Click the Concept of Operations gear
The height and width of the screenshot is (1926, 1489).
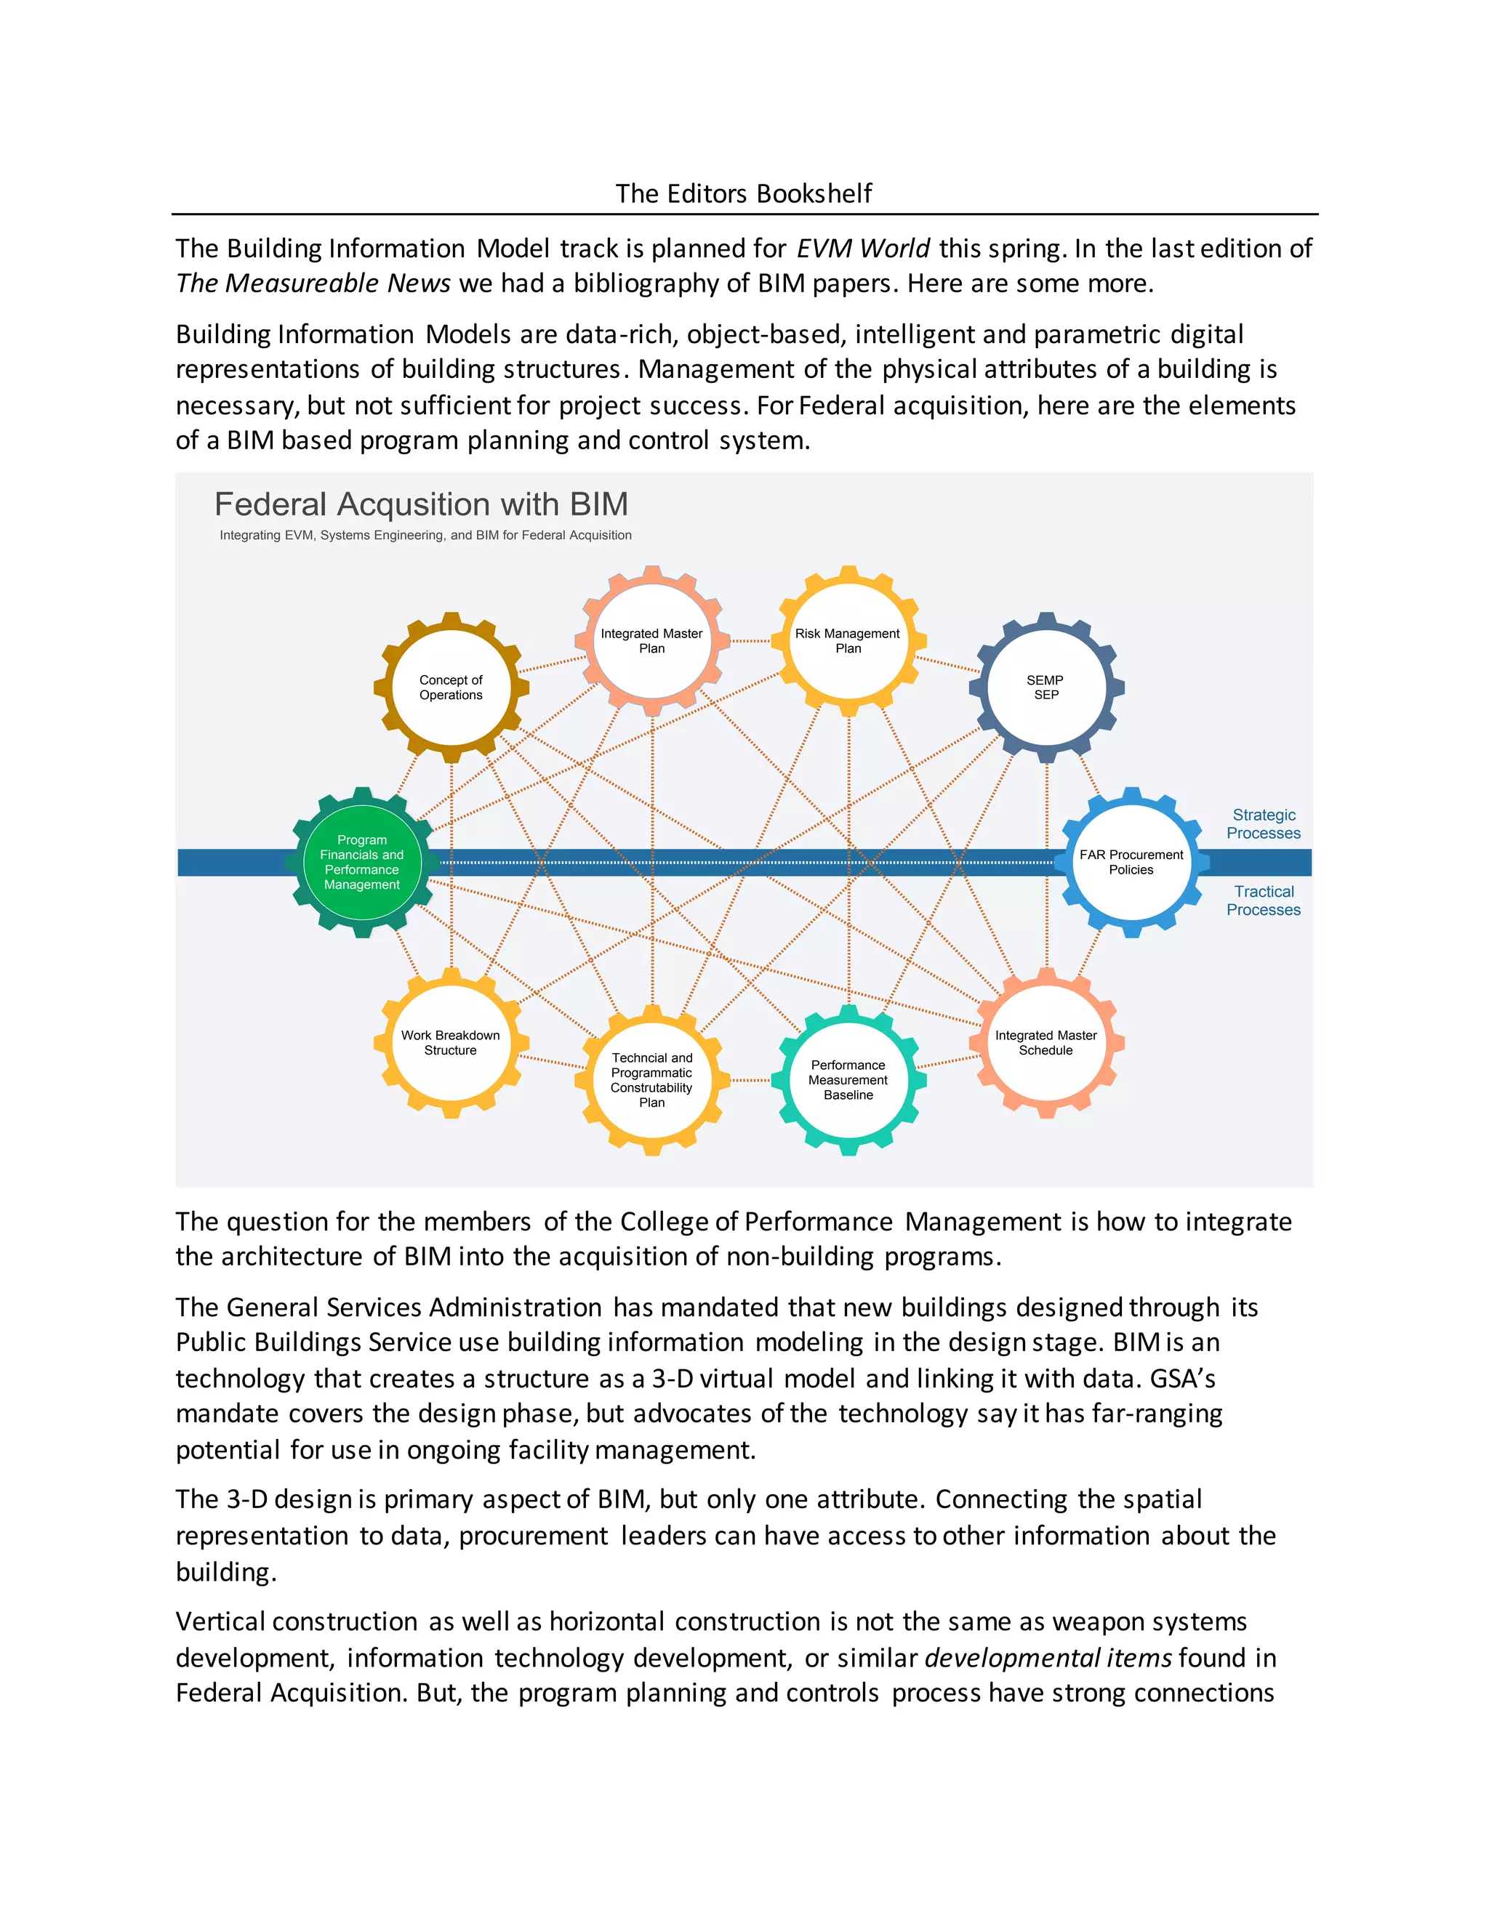[451, 687]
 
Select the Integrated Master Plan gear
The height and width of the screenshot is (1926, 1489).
[652, 640]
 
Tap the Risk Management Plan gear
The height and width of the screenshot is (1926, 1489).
[848, 640]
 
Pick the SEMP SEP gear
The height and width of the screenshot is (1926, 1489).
[1046, 687]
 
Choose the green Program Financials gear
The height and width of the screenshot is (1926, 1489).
[361, 861]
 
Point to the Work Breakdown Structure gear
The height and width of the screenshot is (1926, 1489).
[451, 1042]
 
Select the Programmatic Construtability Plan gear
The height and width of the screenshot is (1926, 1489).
[652, 1079]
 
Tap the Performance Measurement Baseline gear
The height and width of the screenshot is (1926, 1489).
[848, 1079]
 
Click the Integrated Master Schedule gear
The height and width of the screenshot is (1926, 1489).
[1046, 1042]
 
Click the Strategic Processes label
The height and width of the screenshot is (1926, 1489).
[1263, 823]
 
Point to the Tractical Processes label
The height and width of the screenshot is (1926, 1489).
[1263, 900]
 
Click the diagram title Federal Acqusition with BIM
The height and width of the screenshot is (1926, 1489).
[421, 504]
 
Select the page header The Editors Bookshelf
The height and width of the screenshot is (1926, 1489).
[744, 193]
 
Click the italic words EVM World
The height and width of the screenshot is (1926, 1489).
[863, 249]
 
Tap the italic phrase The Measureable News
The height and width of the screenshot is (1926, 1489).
[313, 283]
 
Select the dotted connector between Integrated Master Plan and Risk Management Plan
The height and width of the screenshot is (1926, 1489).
[750, 641]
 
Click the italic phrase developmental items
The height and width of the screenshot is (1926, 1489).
[1048, 1658]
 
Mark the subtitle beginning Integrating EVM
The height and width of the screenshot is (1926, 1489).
[425, 536]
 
